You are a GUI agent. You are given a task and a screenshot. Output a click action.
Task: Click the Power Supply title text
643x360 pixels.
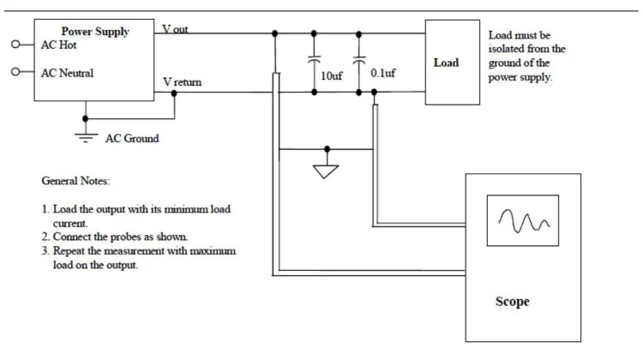[x=95, y=32]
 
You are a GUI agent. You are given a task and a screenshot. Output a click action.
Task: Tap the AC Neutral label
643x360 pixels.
[x=68, y=74]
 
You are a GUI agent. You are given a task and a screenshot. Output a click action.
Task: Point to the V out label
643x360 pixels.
[x=176, y=28]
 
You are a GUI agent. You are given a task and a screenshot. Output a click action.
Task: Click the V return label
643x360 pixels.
[x=183, y=82]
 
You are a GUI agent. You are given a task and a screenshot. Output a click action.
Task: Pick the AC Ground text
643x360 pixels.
[x=131, y=138]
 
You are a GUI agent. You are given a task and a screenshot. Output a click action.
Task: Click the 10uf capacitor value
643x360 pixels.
[x=332, y=75]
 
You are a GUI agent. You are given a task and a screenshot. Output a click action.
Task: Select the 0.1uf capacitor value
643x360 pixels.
[x=382, y=75]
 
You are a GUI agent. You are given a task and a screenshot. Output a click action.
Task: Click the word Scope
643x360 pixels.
[x=512, y=302]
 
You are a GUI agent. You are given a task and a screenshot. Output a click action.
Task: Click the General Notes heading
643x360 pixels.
[x=75, y=182]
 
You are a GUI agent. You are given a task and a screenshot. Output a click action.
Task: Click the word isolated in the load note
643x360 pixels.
[x=508, y=49]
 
